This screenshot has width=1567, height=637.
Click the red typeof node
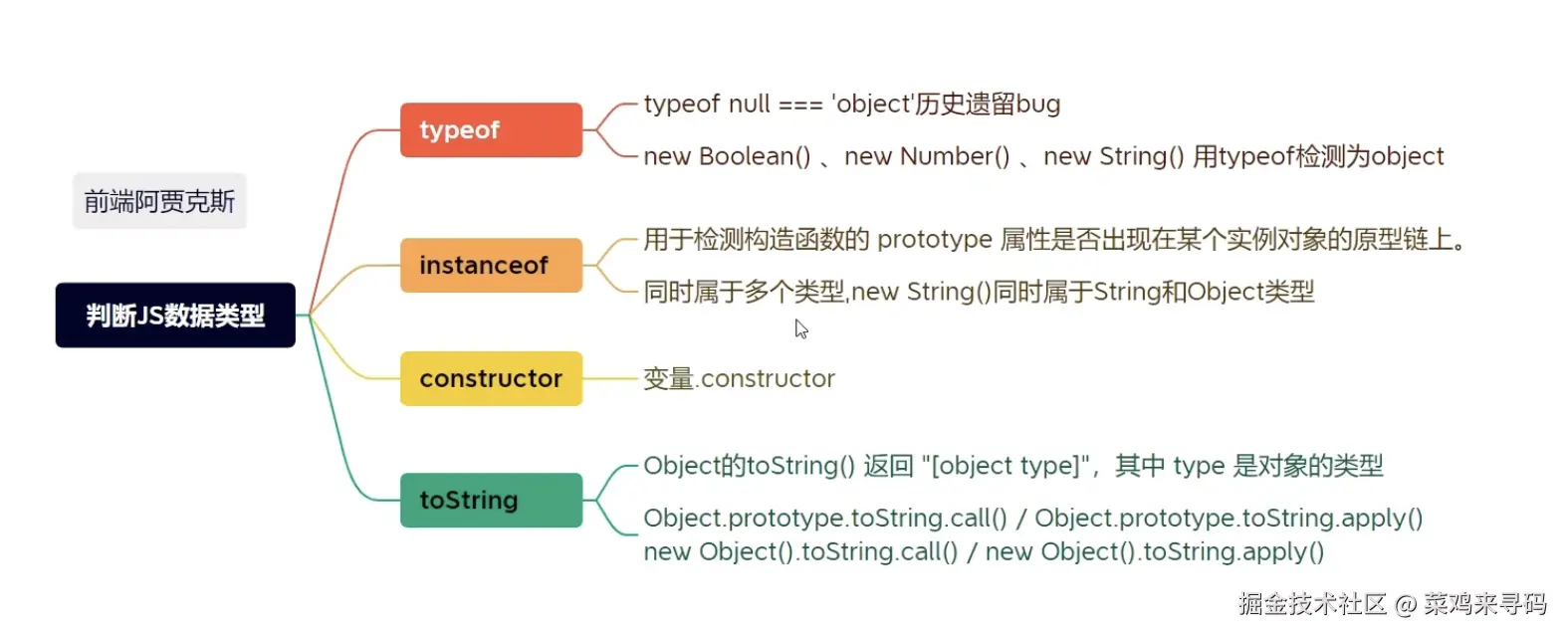tap(491, 130)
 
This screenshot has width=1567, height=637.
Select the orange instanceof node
tap(491, 266)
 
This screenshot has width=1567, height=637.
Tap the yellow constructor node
tap(491, 379)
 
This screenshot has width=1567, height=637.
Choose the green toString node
tap(491, 500)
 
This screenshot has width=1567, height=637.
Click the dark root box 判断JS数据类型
tap(175, 316)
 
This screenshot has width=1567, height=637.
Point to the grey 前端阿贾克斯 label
tap(159, 202)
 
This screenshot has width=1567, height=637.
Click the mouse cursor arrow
tap(800, 328)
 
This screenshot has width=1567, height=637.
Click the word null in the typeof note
tap(749, 105)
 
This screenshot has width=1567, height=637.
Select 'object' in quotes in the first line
tap(873, 105)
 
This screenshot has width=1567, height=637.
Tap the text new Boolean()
tap(727, 157)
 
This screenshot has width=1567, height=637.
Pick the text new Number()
tap(927, 157)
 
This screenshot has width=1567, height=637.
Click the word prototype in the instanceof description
tap(935, 240)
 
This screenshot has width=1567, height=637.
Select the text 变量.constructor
tap(739, 379)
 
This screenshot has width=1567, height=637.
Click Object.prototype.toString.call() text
tap(825, 519)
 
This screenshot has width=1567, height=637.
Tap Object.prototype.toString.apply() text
tap(1229, 519)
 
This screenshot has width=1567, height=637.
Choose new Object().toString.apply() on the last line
tap(1155, 552)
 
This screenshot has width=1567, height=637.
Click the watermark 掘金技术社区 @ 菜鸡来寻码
tap(1392, 604)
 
